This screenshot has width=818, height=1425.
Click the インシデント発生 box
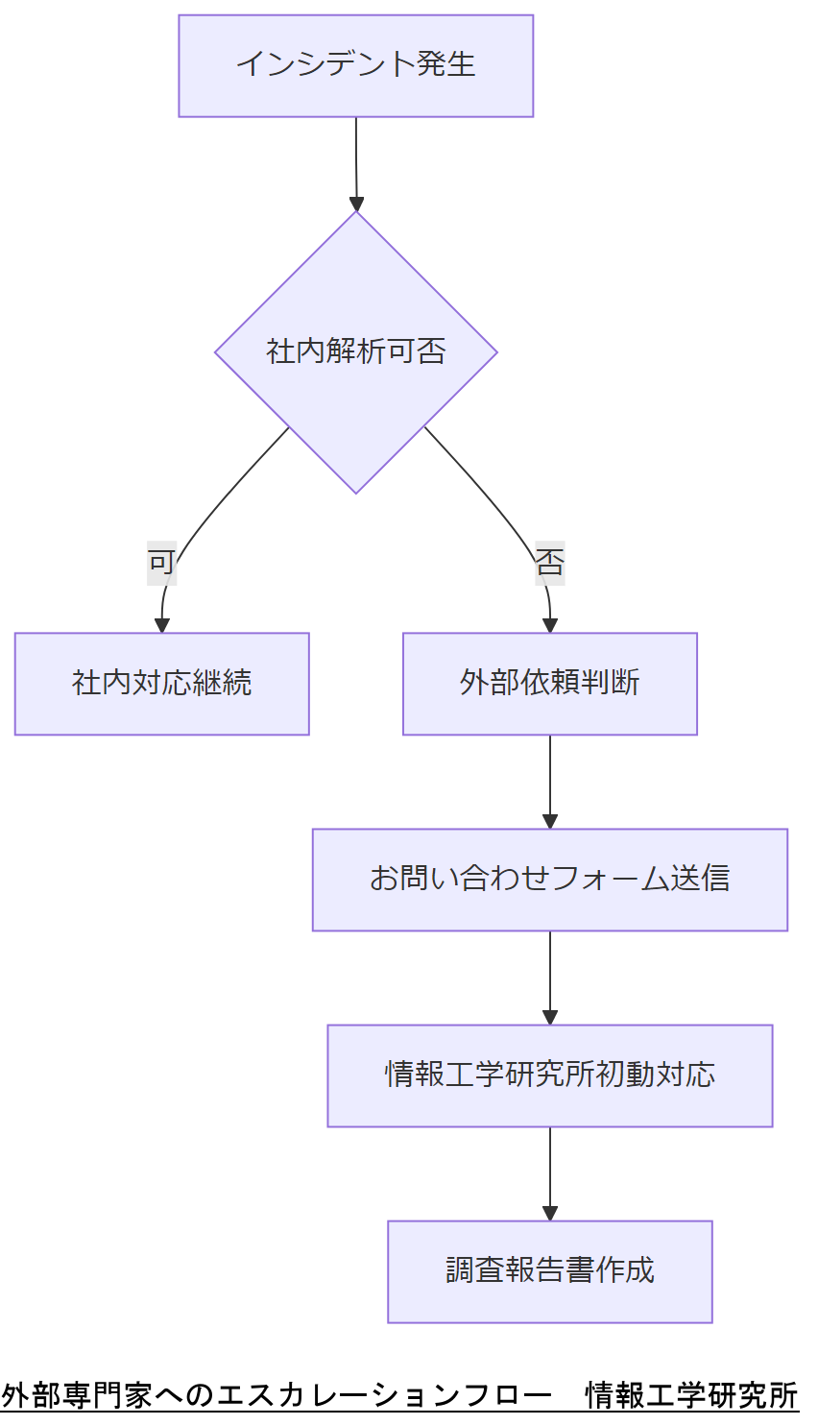(x=355, y=65)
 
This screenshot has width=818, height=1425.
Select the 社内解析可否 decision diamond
(x=355, y=351)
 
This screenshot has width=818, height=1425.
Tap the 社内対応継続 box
(x=161, y=683)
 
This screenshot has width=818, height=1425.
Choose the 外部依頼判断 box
(x=549, y=683)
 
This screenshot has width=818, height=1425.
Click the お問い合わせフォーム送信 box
(x=549, y=880)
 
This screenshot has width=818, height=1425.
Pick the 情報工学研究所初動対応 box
(x=549, y=1075)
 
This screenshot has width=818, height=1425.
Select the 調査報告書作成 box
(x=549, y=1271)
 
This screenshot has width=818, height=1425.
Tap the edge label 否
(x=549, y=562)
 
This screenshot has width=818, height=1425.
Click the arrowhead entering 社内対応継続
(x=161, y=626)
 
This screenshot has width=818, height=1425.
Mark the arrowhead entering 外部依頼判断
(x=549, y=626)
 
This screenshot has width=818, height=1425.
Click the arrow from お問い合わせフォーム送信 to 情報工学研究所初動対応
(x=549, y=975)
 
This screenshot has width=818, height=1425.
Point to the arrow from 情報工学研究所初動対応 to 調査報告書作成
(x=549, y=1171)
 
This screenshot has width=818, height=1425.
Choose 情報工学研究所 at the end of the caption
(x=691, y=1395)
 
